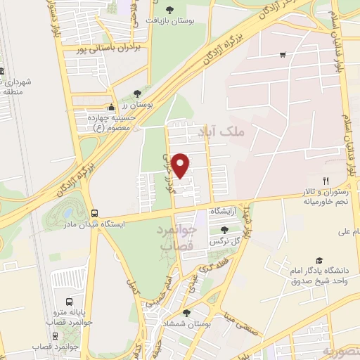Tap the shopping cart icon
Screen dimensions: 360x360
click(282, 53)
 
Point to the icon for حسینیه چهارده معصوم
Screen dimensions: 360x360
click(110, 108)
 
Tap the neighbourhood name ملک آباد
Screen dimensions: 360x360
click(240, 131)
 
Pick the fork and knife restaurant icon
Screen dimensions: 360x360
click(326, 182)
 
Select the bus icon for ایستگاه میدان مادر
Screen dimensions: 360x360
click(94, 213)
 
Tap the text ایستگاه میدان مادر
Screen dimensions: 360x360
click(94, 224)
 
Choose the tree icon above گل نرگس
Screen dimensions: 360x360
click(224, 229)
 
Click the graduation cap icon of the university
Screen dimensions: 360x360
click(320, 260)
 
